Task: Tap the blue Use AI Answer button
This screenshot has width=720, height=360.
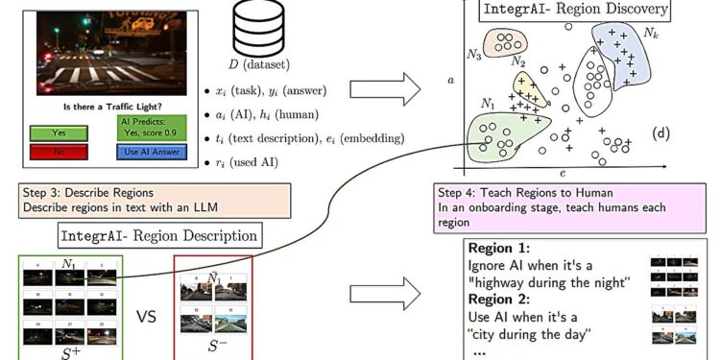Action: tap(147, 151)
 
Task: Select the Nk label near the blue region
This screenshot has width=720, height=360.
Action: tap(650, 34)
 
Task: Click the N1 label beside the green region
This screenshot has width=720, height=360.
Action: tap(489, 103)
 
